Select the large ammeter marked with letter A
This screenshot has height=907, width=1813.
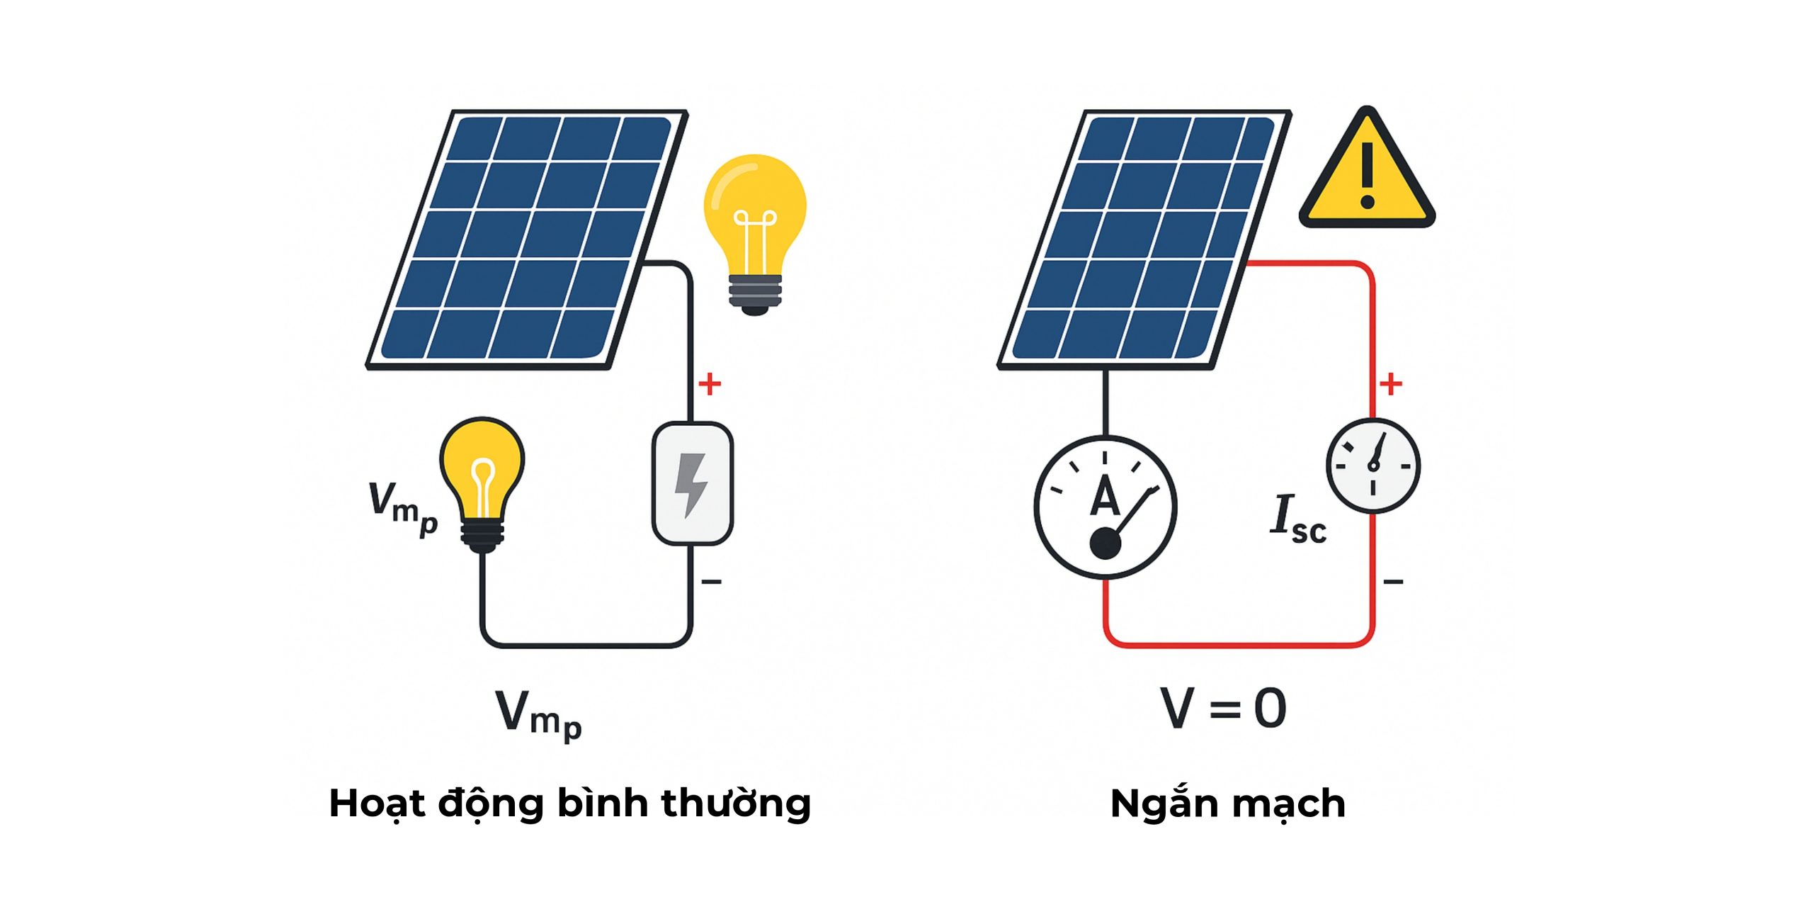[x=1105, y=507]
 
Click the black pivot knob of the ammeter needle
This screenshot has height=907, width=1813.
[x=1105, y=544]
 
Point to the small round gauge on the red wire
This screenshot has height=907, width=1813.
[x=1373, y=466]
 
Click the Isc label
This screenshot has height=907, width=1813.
[x=1297, y=519]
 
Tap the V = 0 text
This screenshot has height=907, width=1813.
[x=1223, y=708]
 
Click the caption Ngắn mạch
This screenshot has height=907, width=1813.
[x=1227, y=804]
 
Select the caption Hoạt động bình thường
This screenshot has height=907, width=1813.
[x=570, y=804]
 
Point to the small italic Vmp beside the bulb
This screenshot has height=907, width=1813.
[x=402, y=507]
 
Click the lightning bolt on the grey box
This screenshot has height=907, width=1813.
[x=690, y=484]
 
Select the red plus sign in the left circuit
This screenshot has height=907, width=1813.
[x=710, y=384]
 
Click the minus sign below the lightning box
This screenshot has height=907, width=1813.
[x=711, y=582]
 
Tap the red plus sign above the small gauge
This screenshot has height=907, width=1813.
[x=1391, y=384]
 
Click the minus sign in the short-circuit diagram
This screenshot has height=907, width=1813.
[x=1393, y=582]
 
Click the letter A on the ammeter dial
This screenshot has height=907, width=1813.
[x=1104, y=496]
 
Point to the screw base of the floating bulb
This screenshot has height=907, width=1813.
[x=755, y=294]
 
